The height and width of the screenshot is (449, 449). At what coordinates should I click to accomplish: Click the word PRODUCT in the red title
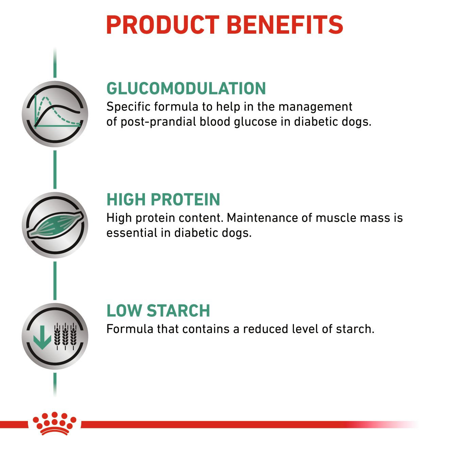163,25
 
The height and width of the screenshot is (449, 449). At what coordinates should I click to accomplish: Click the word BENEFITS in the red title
285,25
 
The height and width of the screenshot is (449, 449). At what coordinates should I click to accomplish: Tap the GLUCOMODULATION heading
186,88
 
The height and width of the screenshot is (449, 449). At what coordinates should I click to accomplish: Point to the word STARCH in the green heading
179,311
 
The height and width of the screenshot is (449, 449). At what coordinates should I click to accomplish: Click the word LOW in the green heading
124,311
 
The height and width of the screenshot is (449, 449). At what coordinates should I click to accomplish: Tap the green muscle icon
55,226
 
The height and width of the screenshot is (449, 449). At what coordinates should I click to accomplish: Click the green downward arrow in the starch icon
42,337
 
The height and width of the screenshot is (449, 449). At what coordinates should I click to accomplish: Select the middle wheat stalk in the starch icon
65,336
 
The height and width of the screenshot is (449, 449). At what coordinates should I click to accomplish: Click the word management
315,107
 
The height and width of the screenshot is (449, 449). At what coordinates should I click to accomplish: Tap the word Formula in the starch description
130,329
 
